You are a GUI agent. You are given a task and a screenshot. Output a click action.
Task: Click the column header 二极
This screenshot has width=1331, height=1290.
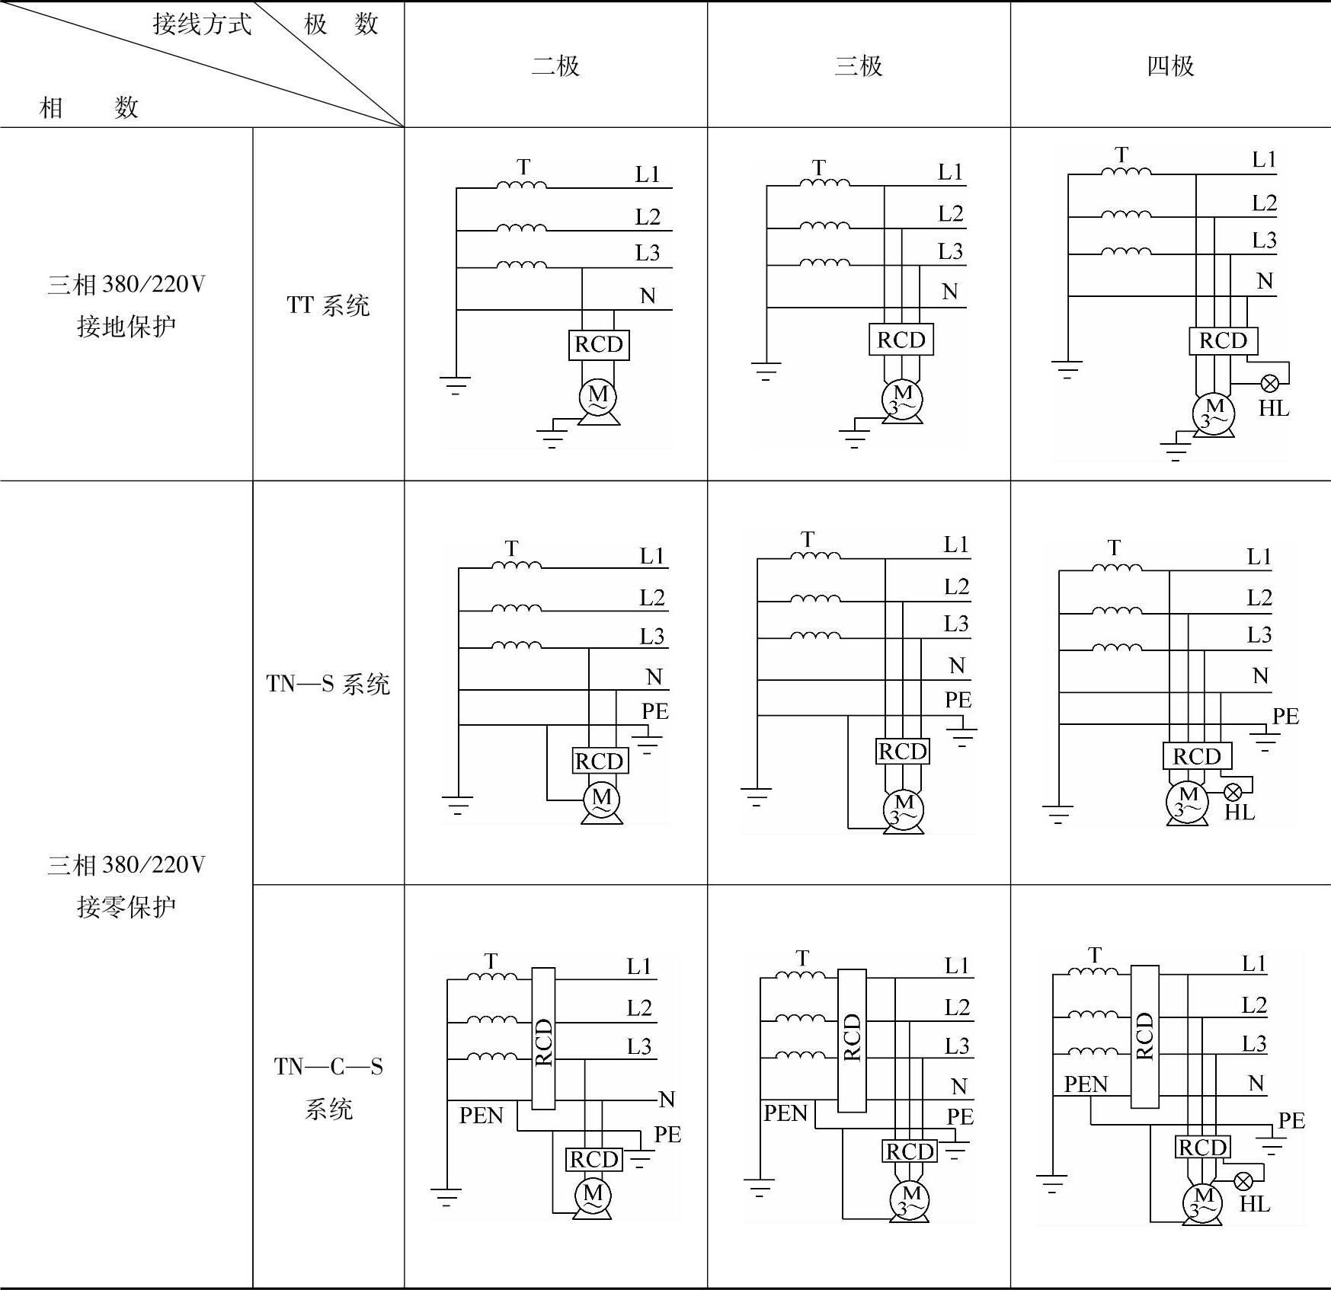coord(555,66)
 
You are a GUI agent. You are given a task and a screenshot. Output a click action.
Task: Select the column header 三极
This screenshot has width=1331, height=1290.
coord(859,66)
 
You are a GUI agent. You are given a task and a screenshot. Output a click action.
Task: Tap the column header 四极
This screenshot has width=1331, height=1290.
coord(1170,66)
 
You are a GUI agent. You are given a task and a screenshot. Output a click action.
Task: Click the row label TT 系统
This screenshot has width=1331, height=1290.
coord(328,305)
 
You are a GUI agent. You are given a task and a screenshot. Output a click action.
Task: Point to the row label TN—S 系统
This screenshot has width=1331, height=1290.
coord(328,684)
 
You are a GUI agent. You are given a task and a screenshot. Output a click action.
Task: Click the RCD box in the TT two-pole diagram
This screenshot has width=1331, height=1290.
coord(599,344)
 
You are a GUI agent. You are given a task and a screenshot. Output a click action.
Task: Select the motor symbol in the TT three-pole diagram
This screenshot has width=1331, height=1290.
coord(902,400)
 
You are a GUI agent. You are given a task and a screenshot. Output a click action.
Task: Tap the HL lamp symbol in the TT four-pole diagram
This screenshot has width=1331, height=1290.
coord(1270,384)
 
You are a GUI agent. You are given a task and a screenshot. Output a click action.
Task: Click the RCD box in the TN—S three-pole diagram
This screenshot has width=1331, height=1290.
coord(903,752)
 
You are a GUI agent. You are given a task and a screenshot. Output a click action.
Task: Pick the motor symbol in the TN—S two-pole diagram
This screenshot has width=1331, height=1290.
coord(602,800)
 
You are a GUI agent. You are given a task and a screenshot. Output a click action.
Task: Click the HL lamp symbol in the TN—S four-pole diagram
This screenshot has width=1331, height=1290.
coord(1233,792)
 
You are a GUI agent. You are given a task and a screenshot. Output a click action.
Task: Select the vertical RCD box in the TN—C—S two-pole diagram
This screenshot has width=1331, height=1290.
coord(543,1039)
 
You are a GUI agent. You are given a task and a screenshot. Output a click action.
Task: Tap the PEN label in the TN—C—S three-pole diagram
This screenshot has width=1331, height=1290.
coord(785,1113)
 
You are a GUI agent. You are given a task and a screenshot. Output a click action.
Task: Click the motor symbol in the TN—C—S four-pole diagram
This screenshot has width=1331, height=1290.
coord(1203,1203)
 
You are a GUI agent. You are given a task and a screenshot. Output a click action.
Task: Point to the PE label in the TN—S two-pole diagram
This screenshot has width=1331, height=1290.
coord(654,711)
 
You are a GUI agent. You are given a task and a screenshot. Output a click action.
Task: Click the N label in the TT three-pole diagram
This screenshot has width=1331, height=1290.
coord(949,292)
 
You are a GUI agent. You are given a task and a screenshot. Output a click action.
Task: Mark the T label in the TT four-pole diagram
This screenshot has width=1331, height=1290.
coord(1121,155)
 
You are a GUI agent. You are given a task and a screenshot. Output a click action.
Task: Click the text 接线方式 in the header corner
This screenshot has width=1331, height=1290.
coord(202,24)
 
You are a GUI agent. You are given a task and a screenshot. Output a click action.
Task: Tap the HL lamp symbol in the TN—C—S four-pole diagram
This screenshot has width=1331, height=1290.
coord(1243,1181)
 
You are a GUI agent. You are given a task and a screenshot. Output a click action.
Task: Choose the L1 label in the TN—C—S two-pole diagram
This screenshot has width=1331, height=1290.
coord(639,966)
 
